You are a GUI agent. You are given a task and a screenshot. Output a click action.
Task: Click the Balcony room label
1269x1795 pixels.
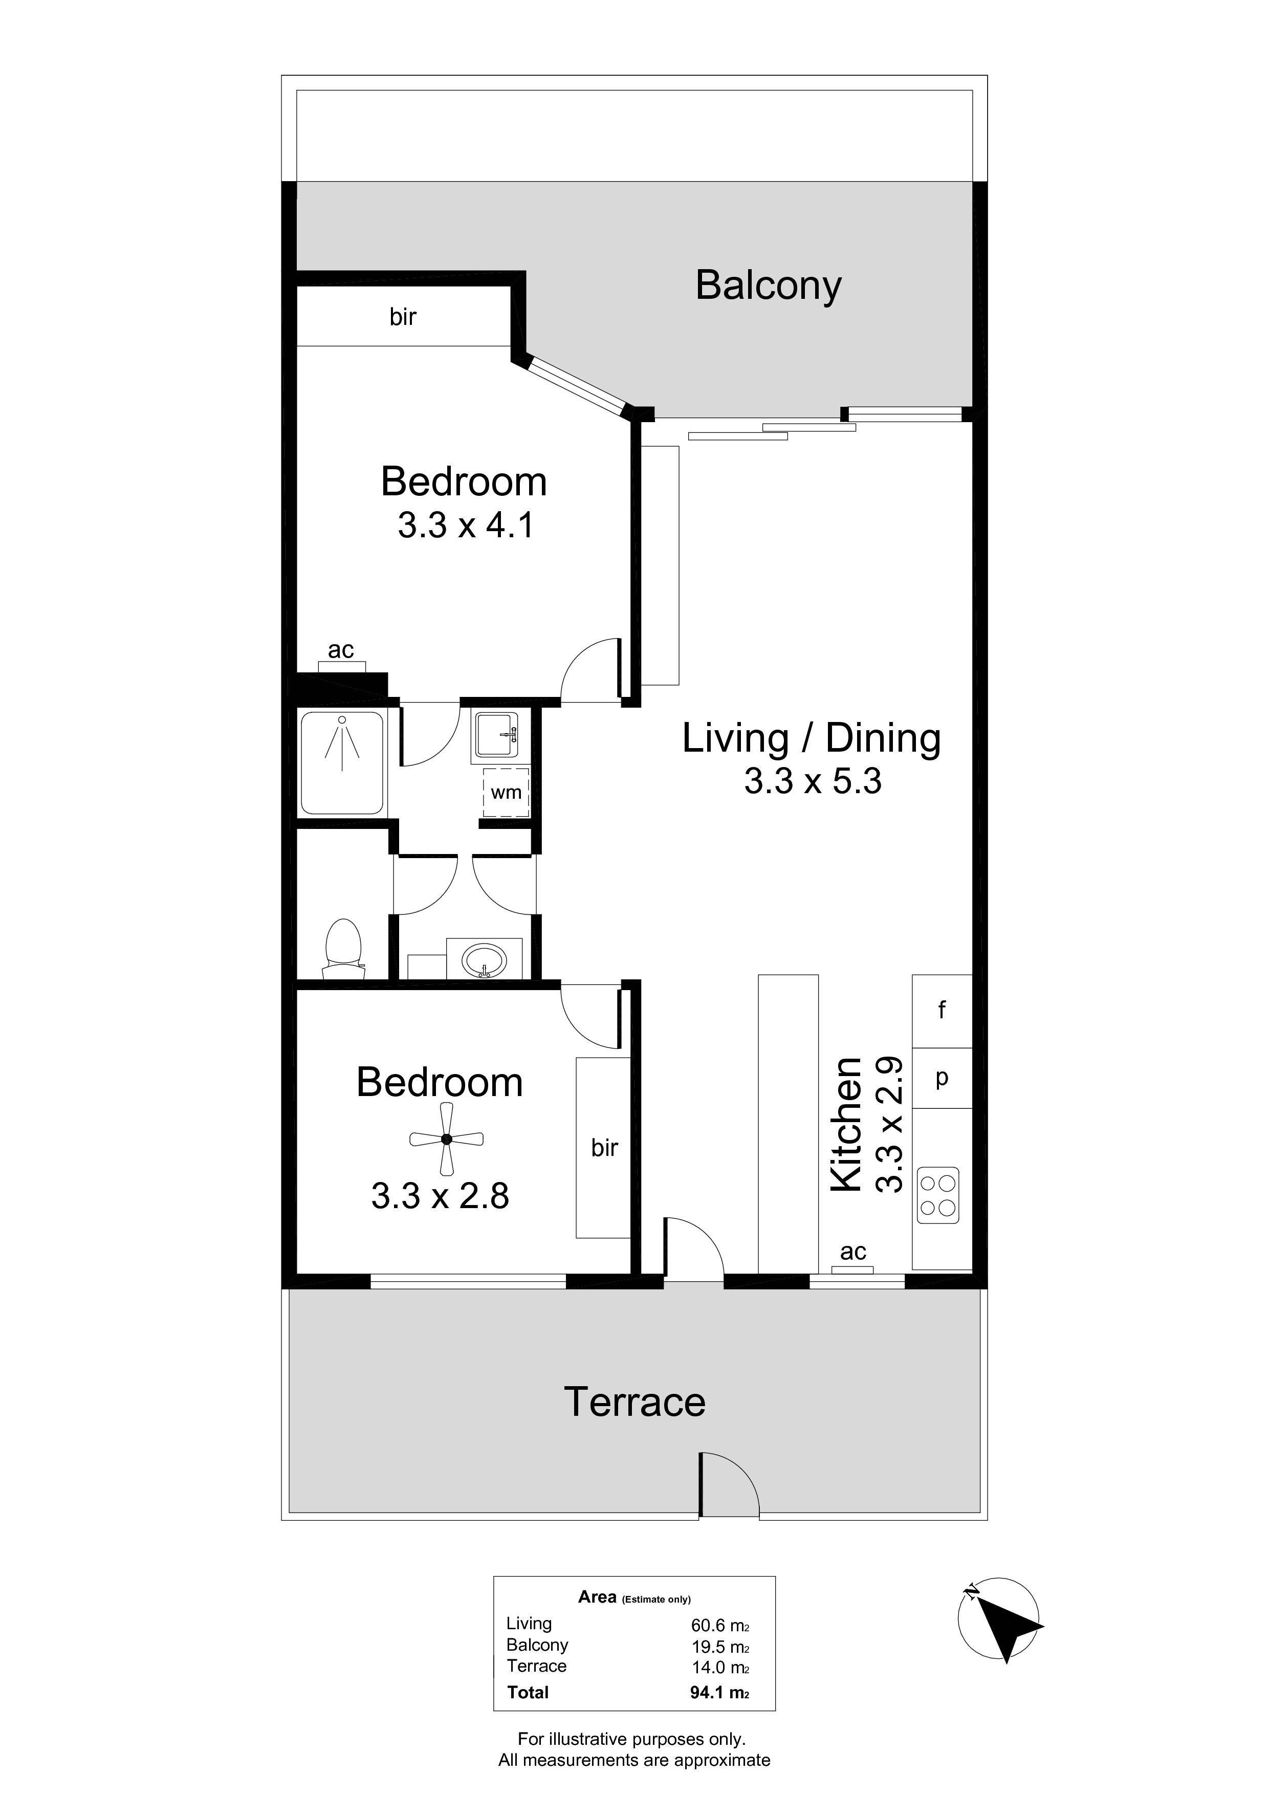click(x=768, y=286)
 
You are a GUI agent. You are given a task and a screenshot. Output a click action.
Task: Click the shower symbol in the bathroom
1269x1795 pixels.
click(x=342, y=763)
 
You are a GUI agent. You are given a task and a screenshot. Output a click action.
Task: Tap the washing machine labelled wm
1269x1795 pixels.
click(x=506, y=792)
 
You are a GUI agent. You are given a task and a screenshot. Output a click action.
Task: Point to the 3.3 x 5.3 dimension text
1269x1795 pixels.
click(x=813, y=780)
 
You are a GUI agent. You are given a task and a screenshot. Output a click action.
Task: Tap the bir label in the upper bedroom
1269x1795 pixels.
click(x=403, y=317)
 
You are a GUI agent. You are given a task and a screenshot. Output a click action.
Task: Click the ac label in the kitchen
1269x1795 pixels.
click(x=853, y=1253)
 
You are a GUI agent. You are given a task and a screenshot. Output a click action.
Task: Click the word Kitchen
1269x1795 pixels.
click(x=845, y=1125)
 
